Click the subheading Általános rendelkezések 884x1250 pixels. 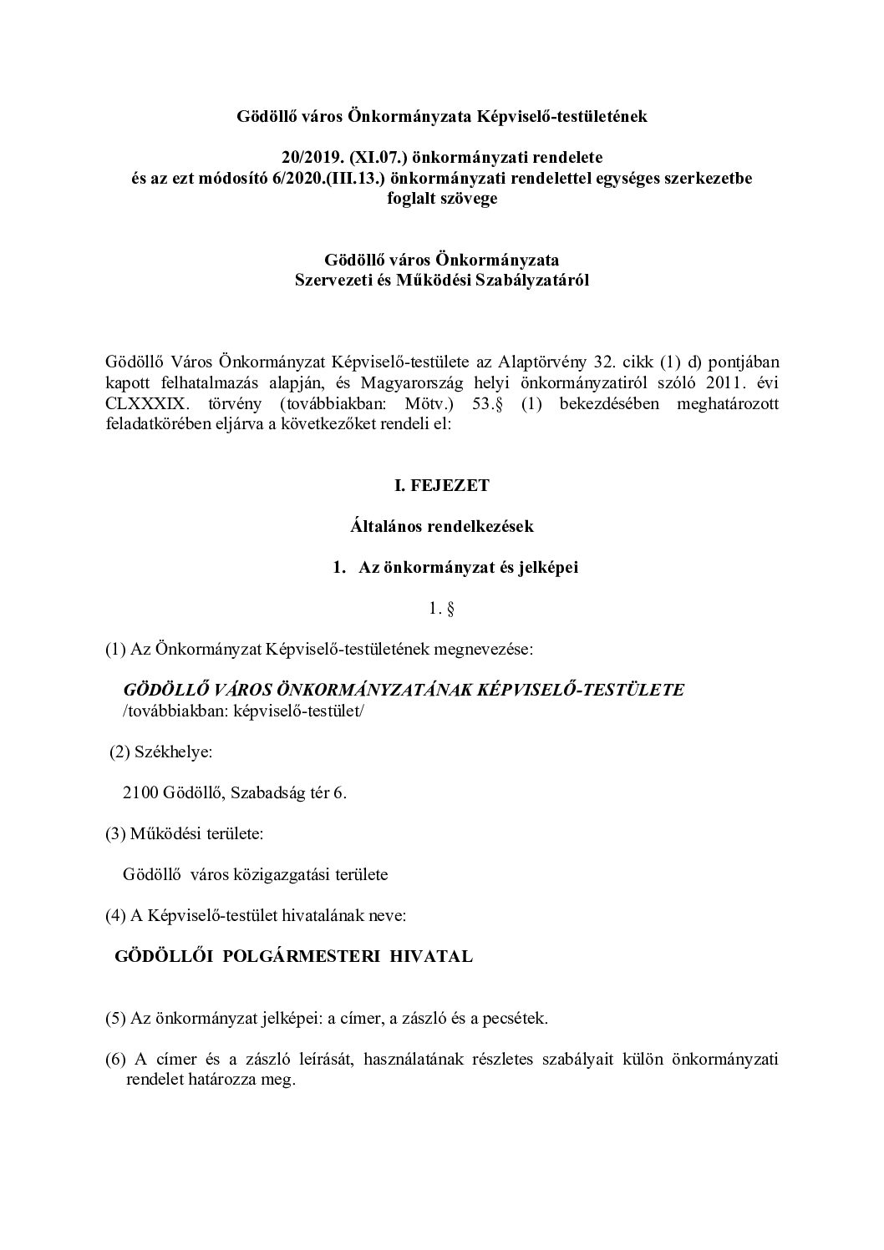point(441,526)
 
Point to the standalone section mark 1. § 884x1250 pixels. point(441,609)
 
